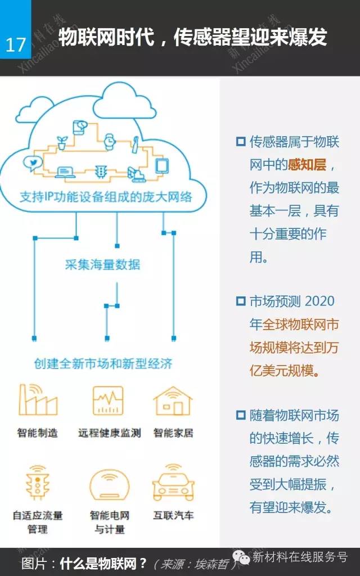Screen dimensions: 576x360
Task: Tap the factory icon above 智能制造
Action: pos(38,400)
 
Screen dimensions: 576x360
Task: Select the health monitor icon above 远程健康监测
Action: pos(108,400)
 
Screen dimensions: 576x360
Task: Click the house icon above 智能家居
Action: pos(173,400)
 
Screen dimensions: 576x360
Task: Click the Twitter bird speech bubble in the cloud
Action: pos(32,163)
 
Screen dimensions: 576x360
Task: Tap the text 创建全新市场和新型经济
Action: pos(102,363)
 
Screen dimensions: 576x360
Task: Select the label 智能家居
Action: pos(173,433)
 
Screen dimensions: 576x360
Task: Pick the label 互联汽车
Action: pos(173,515)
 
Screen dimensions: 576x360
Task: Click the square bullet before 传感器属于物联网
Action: pos(241,141)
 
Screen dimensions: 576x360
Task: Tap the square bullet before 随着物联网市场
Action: pos(241,416)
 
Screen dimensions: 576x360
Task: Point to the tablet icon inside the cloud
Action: pos(162,165)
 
